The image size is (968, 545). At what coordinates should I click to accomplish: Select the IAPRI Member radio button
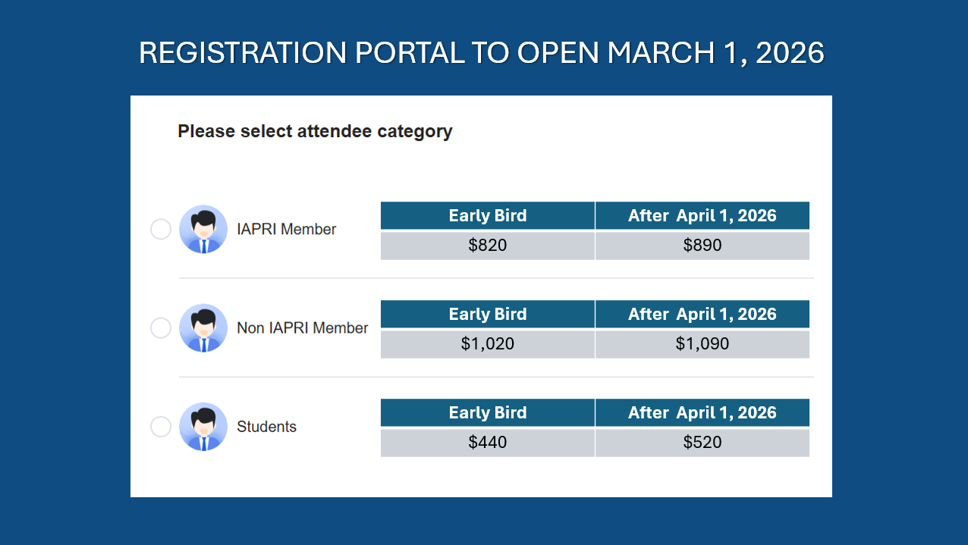(161, 229)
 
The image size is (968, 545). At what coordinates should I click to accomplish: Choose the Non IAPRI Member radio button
(161, 327)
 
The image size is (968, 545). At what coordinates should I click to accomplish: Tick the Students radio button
(161, 427)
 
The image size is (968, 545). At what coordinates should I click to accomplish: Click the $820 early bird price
(488, 246)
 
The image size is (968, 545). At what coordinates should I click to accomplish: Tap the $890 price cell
(702, 246)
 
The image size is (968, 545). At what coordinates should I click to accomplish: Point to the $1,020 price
(488, 344)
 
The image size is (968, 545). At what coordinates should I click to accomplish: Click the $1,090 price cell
(702, 344)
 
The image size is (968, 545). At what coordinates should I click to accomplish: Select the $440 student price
(488, 442)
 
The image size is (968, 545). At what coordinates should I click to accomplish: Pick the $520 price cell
(702, 442)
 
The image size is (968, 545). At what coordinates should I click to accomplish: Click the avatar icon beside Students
(203, 427)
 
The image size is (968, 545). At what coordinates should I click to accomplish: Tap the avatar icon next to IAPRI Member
(203, 229)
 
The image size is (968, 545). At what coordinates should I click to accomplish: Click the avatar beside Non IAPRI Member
(203, 327)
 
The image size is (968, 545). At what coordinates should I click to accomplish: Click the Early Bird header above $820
(488, 215)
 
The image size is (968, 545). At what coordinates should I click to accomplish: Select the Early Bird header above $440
(488, 412)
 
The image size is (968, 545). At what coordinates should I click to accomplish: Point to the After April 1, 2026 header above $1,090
(702, 314)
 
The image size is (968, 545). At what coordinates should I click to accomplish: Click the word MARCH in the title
(661, 53)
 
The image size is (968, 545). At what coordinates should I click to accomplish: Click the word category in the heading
(414, 131)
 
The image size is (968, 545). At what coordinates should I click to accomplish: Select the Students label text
(266, 427)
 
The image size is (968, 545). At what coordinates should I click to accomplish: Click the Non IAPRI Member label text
(303, 327)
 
